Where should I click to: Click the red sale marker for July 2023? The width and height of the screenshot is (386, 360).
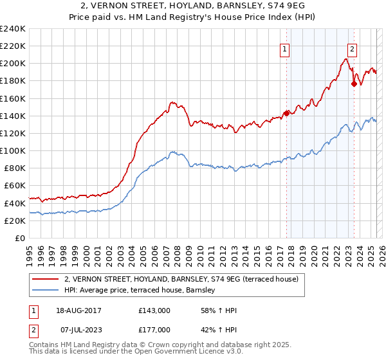[x=354, y=84]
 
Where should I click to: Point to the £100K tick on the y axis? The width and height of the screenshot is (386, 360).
[x=13, y=150]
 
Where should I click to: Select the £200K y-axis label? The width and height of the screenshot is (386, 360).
[x=13, y=64]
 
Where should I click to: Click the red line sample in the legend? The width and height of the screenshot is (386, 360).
[x=45, y=280]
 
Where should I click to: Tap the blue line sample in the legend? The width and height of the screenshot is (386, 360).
[x=45, y=291]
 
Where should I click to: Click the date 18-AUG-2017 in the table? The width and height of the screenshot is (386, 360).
[x=79, y=310]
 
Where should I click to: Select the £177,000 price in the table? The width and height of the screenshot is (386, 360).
[x=154, y=330]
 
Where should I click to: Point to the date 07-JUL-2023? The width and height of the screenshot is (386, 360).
[x=78, y=330]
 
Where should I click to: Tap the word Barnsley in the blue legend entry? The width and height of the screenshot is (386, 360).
[x=203, y=291]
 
